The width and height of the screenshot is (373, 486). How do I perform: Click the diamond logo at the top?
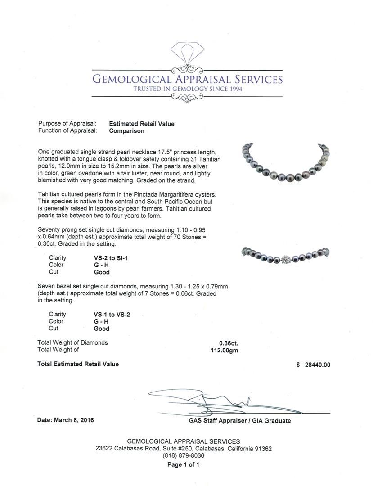187,54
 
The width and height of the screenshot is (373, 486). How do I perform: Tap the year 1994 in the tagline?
234,89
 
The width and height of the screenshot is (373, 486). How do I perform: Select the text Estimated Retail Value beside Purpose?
142,124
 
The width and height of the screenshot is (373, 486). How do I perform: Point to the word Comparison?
127,131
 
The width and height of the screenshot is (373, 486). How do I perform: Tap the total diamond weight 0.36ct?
229,343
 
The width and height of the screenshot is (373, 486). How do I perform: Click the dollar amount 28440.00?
318,365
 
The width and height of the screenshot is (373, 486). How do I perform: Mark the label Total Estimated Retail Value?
78,364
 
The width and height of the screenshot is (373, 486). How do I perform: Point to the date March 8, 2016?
66,420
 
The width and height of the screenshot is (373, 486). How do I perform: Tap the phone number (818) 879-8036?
183,455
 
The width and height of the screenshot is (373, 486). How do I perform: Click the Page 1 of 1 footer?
183,464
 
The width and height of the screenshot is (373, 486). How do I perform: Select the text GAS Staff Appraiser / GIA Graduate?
240,421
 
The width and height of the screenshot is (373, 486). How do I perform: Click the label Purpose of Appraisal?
67,124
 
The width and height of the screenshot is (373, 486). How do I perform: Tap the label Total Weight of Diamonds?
73,343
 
